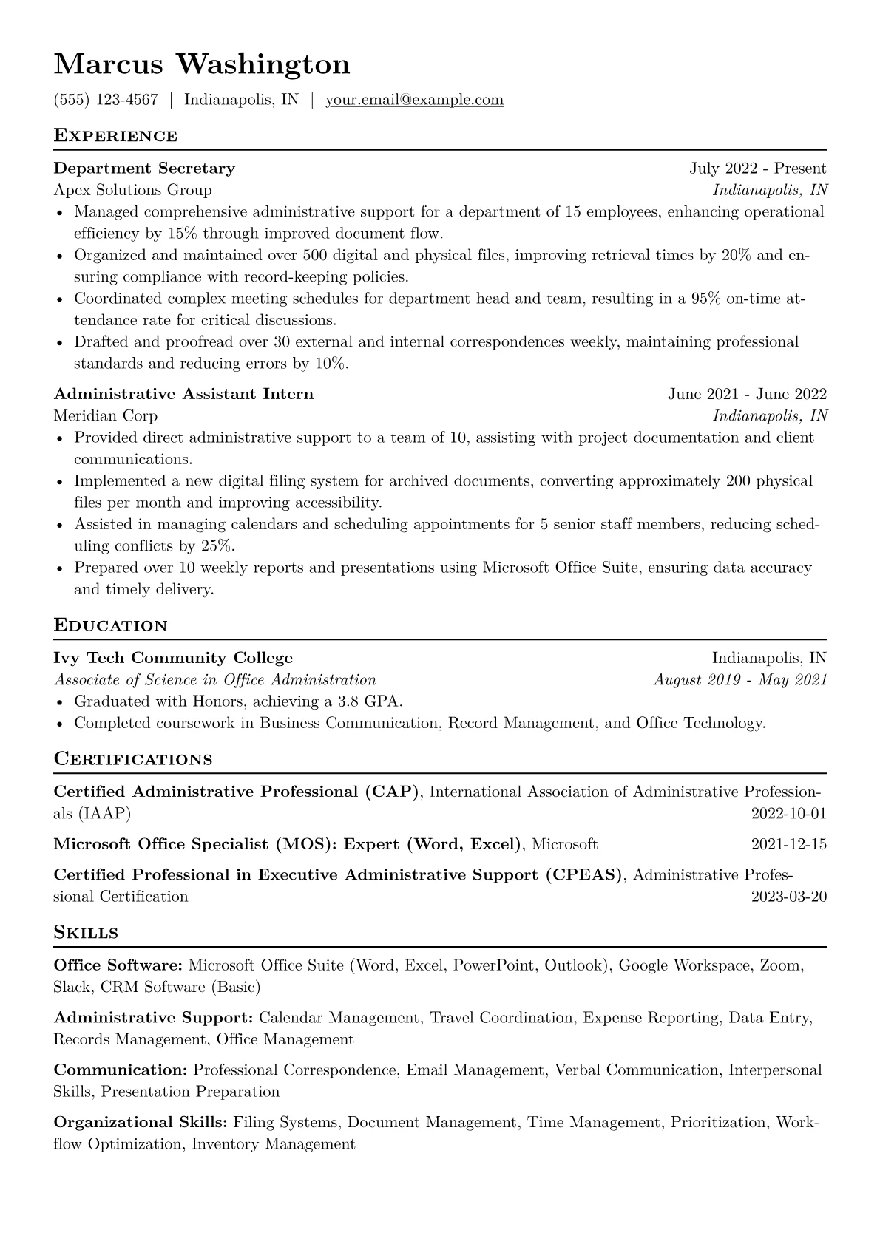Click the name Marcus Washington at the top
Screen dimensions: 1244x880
[x=202, y=64]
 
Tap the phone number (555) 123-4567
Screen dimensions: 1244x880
[x=106, y=100]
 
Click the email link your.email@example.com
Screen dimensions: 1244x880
[x=414, y=100]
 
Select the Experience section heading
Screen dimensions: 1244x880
[x=115, y=136]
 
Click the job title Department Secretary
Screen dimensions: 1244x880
[x=144, y=169]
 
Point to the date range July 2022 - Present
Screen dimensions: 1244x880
[x=758, y=169]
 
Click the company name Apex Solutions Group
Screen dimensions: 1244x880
[x=133, y=190]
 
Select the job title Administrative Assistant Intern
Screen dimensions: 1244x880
[x=183, y=394]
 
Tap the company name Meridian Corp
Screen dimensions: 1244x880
[x=106, y=415]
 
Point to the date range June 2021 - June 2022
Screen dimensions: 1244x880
[x=747, y=394]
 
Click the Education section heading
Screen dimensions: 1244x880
[x=111, y=625]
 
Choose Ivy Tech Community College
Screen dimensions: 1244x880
[x=173, y=658]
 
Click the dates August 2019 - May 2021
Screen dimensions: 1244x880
[x=740, y=679]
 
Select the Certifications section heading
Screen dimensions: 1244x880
[x=133, y=759]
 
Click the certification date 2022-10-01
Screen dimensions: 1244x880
[x=788, y=814]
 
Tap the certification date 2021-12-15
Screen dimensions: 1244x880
[x=788, y=844]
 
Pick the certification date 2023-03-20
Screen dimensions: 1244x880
[x=788, y=897]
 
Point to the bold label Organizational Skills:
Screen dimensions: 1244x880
[x=141, y=1123]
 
